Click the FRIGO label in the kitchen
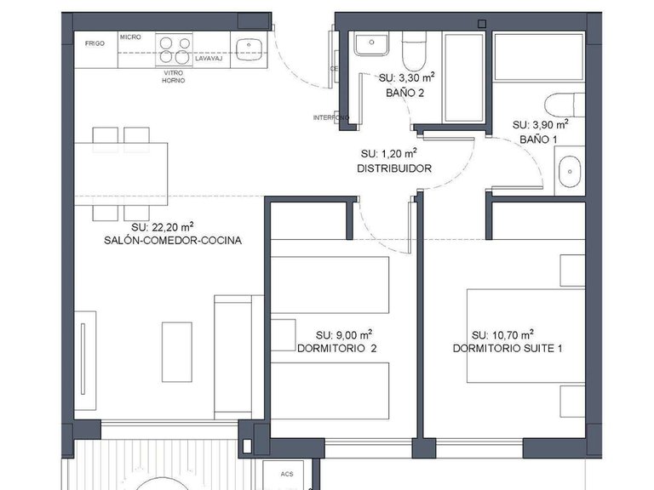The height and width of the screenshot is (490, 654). click(x=95, y=43)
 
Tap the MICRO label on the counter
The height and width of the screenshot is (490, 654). click(x=130, y=37)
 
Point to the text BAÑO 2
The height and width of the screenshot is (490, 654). click(x=405, y=94)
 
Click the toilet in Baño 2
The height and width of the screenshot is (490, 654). click(x=414, y=53)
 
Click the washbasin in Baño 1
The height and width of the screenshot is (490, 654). click(x=568, y=174)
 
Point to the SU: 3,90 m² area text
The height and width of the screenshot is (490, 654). click(x=540, y=124)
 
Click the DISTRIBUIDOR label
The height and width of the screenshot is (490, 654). click(x=393, y=168)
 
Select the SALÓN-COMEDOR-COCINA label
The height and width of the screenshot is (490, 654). click(x=172, y=241)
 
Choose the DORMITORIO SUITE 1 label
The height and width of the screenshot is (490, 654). click(x=507, y=349)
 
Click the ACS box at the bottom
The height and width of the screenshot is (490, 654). click(x=276, y=475)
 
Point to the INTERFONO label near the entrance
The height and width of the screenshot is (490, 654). click(x=330, y=117)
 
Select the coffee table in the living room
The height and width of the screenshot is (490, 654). click(x=176, y=351)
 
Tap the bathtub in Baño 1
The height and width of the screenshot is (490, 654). click(x=538, y=58)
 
